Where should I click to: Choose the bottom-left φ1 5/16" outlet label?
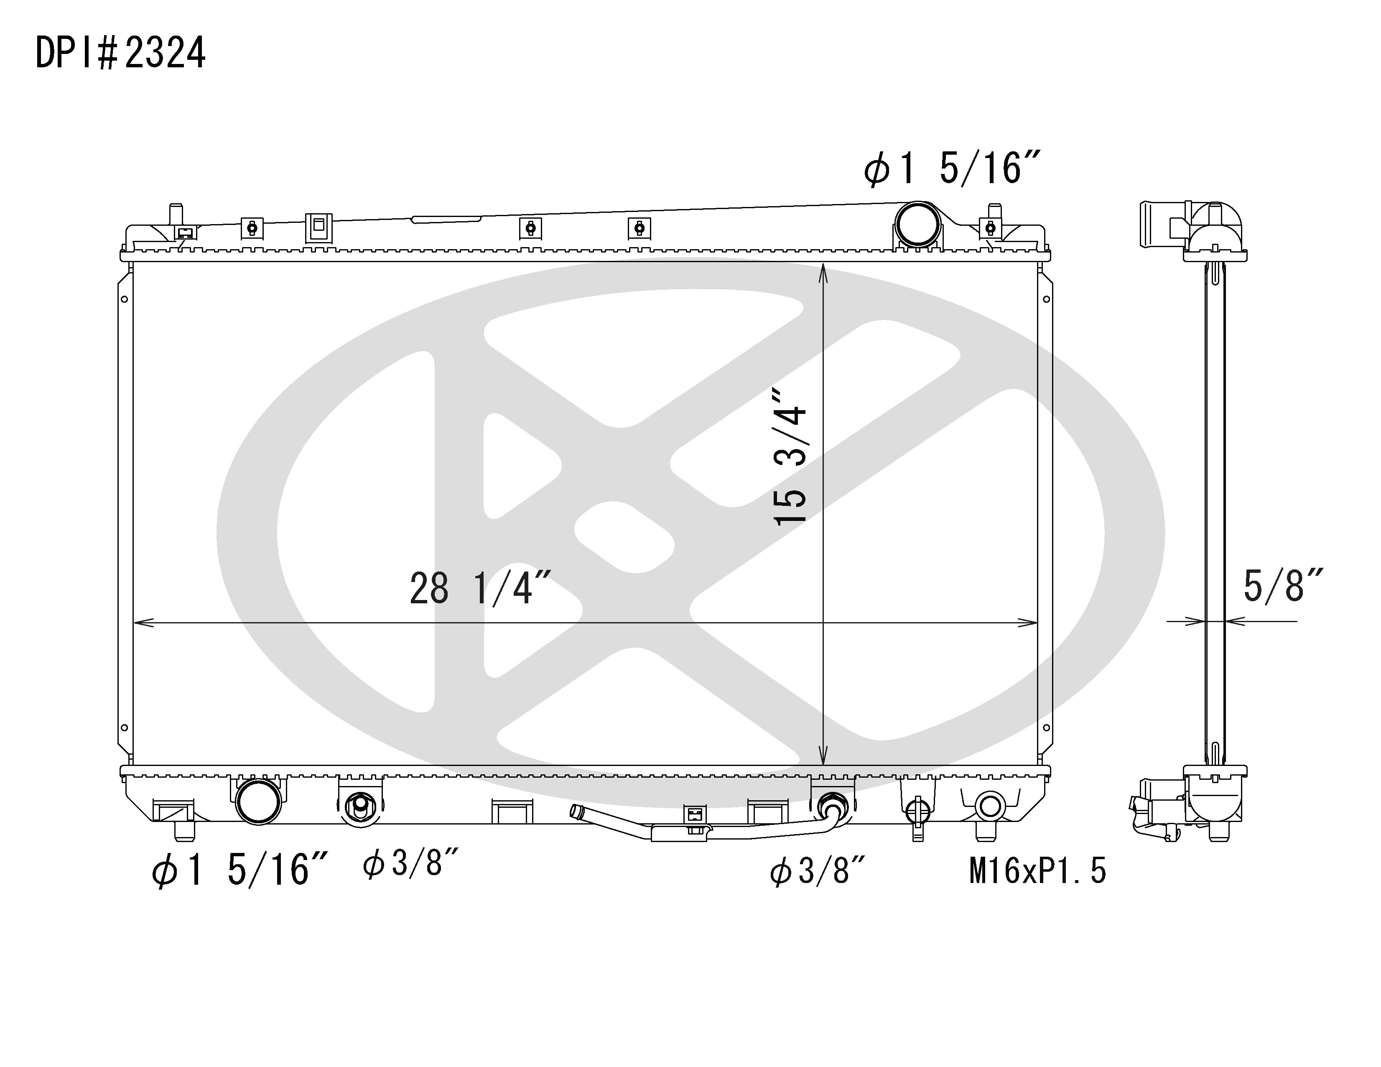tap(239, 870)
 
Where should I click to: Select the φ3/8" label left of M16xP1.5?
tap(817, 872)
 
